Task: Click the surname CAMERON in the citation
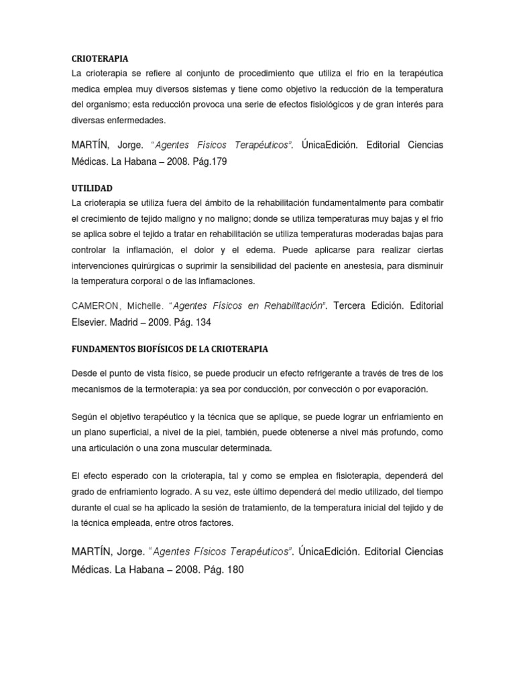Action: pos(97,305)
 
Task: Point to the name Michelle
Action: pos(149,305)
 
